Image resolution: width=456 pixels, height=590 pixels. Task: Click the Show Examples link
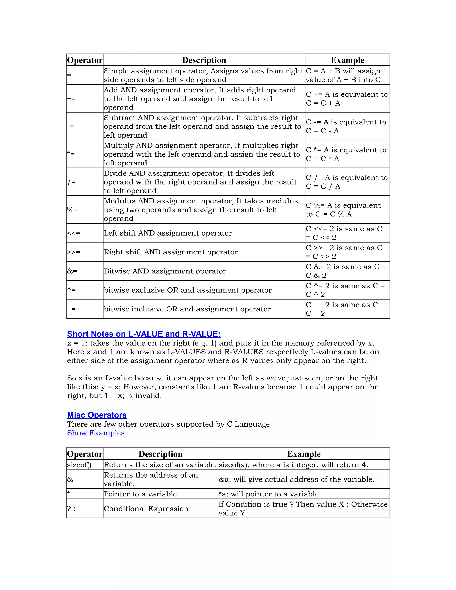pos(96,433)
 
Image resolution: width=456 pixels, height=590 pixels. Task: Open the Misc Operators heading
pos(97,415)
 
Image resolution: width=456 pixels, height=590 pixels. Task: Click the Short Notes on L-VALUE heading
pos(144,334)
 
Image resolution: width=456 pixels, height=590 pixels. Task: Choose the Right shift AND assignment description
pos(171,252)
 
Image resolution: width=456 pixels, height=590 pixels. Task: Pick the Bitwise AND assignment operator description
pos(165,271)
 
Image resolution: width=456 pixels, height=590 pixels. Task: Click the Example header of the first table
pos(347,60)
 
